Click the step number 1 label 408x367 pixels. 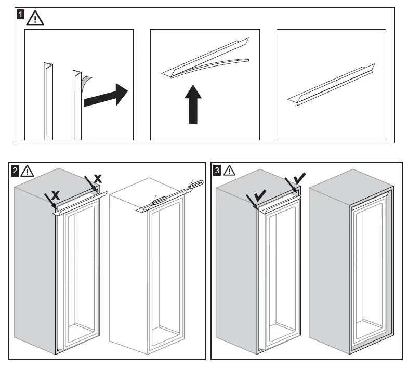tap(20, 15)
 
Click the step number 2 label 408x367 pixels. tap(16, 170)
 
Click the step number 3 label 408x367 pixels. tap(217, 169)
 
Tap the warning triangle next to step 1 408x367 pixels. tap(35, 18)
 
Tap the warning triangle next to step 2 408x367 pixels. tap(28, 171)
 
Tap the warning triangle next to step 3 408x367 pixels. tap(229, 170)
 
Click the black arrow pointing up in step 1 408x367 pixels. tap(193, 104)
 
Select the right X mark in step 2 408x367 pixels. tap(97, 178)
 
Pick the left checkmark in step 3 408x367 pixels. tap(260, 195)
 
